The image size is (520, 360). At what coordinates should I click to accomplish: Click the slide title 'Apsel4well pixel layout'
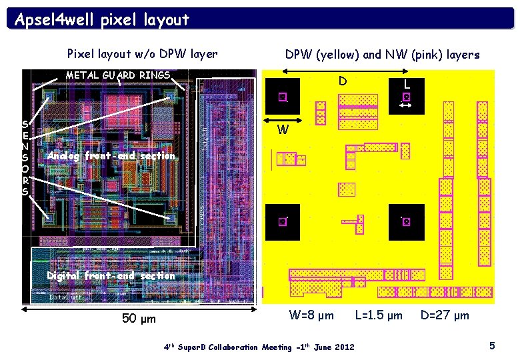102,19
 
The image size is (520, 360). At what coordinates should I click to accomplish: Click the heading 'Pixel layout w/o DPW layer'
143,54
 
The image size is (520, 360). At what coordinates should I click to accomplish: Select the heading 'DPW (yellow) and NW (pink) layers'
382,55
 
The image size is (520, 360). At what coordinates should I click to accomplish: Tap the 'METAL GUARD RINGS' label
117,75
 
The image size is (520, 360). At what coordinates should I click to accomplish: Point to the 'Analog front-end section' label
110,156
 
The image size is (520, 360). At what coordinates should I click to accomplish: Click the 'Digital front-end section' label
111,275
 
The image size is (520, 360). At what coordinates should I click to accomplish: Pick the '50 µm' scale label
139,318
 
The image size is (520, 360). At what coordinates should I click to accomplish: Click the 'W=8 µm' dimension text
311,315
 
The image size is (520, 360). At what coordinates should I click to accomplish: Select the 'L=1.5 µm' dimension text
379,315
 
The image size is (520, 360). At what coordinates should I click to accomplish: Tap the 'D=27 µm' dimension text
445,315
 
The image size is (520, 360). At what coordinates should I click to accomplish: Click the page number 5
492,345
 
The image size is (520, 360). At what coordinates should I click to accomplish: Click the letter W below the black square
283,130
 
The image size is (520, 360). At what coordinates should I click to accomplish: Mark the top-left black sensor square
282,97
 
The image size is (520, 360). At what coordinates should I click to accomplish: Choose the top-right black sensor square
406,97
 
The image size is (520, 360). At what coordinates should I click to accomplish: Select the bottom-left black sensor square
282,221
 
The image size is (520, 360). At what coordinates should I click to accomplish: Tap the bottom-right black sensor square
406,221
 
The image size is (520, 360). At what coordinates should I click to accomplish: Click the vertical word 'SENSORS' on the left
25,157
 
